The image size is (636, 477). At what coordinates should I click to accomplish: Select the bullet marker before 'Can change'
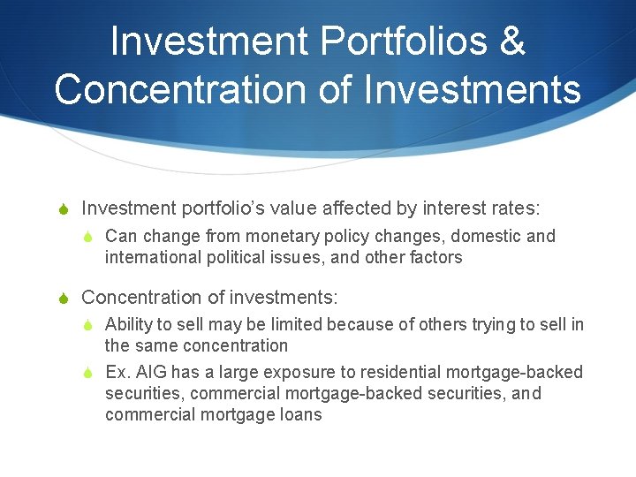(90, 237)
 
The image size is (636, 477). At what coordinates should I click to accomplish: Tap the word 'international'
(147, 258)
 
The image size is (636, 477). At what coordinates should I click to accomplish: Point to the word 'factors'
(432, 258)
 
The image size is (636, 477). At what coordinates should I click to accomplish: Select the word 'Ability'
(126, 325)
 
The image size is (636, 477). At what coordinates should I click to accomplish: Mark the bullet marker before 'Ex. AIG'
(90, 373)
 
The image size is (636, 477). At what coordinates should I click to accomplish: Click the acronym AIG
(153, 373)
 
